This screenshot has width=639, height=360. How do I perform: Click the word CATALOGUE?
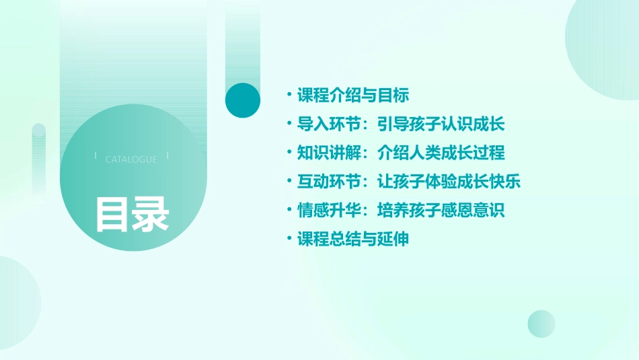coord(131,159)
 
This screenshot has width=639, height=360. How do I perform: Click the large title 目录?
coord(132,213)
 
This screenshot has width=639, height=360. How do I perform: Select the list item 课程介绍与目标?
coord(353,95)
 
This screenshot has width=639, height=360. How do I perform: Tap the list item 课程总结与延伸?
coord(353,239)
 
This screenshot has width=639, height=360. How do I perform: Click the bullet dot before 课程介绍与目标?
coord(289,95)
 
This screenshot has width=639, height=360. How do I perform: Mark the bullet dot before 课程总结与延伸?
coord(289,239)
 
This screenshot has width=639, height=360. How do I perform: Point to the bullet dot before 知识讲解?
coord(289,153)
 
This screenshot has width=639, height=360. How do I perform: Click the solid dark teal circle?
coord(242,100)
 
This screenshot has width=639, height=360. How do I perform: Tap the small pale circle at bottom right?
coord(541,324)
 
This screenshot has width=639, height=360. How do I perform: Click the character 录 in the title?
coord(151,213)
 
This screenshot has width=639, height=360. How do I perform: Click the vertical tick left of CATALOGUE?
coord(96,156)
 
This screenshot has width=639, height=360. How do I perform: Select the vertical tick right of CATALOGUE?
coord(167,156)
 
